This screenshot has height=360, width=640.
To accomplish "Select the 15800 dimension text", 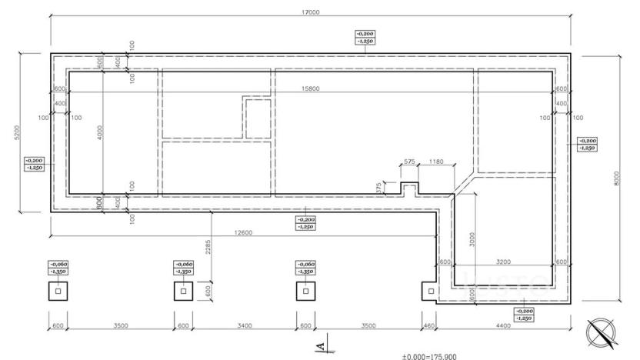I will coord(310,89).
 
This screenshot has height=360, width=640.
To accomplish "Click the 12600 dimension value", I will coord(244,233).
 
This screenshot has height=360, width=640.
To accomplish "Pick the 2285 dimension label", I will coord(208,247).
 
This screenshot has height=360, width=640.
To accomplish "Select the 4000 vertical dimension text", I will coord(99,133).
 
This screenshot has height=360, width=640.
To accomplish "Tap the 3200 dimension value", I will coord(502,262).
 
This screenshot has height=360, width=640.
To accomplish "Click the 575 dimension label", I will coord(408,162).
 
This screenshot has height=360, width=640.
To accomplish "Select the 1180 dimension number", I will coord(437,162).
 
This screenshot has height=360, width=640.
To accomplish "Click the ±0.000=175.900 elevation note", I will coord(435,356).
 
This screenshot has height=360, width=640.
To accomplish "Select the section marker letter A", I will coord(325,338).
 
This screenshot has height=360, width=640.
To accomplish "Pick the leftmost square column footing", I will coord(58,292).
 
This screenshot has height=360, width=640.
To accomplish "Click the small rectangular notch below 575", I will coord(409,188).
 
